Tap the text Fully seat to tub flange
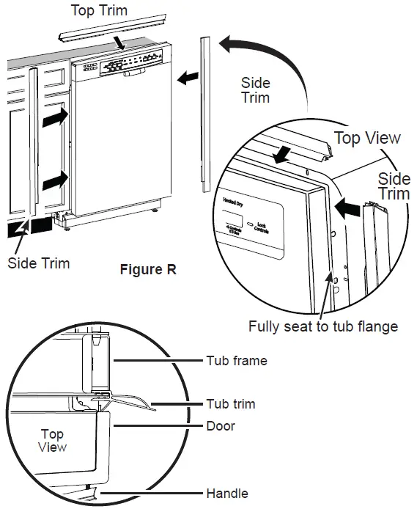point(323,326)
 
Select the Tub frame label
point(236,360)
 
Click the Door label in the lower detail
point(219,425)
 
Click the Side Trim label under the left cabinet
point(39,263)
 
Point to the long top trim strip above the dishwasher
point(99,30)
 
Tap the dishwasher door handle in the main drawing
point(133,73)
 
